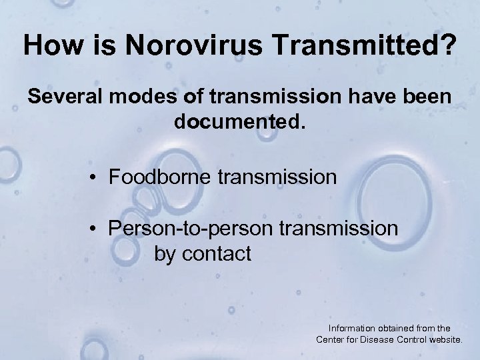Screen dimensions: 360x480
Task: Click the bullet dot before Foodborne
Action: (x=97, y=179)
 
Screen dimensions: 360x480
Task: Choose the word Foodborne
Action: (x=157, y=178)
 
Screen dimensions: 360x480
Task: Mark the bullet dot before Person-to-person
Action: (x=97, y=229)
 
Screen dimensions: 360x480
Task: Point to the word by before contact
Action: (x=166, y=255)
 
